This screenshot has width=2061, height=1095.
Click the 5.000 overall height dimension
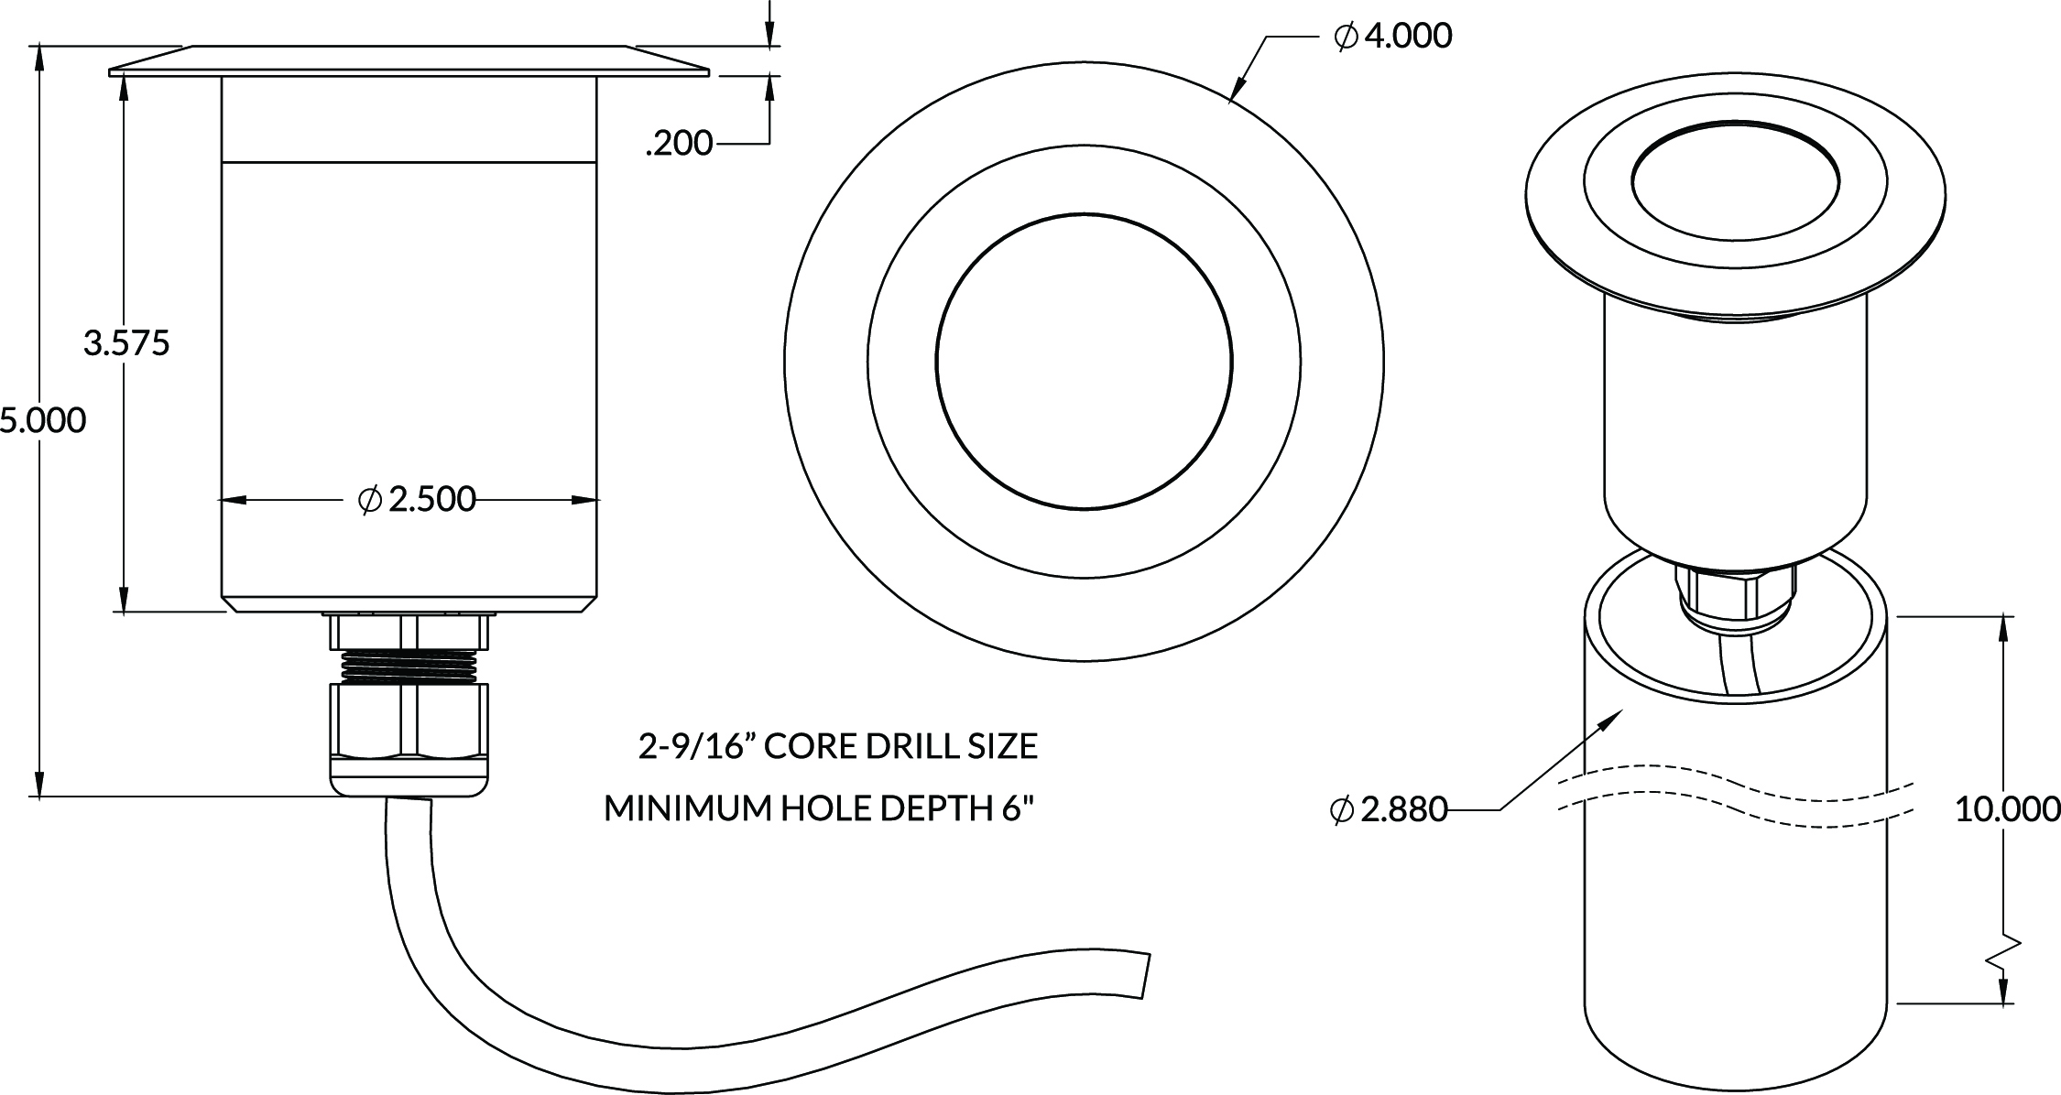[x=43, y=421]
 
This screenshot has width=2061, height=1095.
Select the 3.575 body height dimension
[x=126, y=344]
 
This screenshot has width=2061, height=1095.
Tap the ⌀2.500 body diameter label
[x=418, y=499]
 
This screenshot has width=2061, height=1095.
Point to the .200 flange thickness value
[x=679, y=144]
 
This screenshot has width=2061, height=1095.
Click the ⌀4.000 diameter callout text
[x=1393, y=37]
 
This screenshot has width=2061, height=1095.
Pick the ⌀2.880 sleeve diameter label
[x=1388, y=809]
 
